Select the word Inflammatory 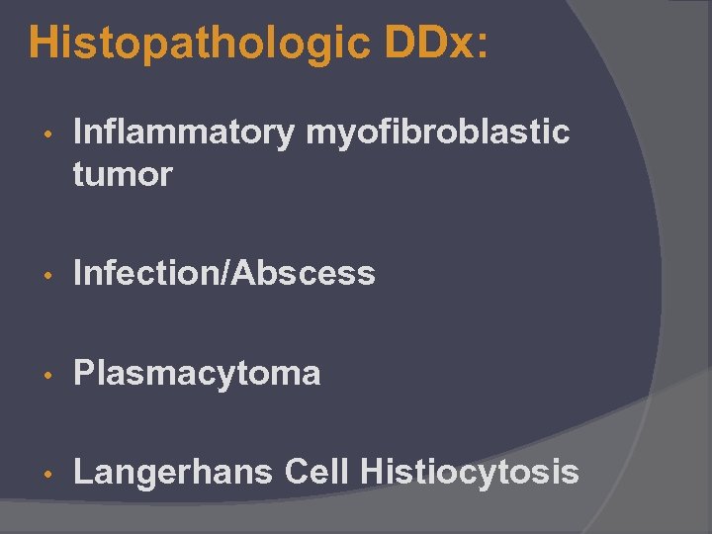click(x=183, y=132)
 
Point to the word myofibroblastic click(x=437, y=132)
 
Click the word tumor click(x=123, y=175)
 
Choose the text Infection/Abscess click(x=224, y=272)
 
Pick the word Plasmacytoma click(x=197, y=373)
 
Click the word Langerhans click(x=173, y=472)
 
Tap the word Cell click(x=316, y=472)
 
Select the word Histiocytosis click(x=470, y=472)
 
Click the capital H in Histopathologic click(x=44, y=44)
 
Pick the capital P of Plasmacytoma click(x=84, y=373)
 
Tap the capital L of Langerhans click(x=83, y=472)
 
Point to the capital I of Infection click(x=78, y=272)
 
